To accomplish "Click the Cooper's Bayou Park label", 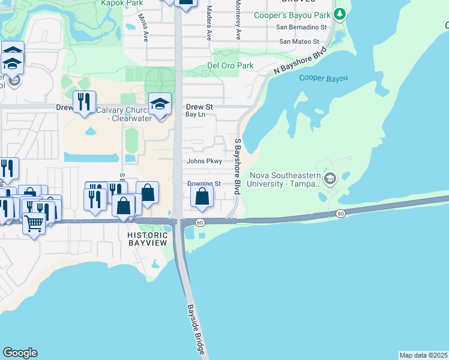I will point(292,15).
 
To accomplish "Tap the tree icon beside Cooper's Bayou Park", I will point(340,13).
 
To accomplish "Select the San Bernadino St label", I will point(301,27).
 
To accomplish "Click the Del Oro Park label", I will point(230,65).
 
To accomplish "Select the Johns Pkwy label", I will point(205,161).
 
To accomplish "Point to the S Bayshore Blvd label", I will point(238,166).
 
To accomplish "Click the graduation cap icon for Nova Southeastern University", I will point(330,178).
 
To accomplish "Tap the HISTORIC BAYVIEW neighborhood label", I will point(148,239).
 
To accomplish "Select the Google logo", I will point(20,353).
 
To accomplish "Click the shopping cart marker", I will point(34,224).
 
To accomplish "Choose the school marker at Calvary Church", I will point(160,104).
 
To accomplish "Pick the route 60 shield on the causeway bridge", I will point(340,213).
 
